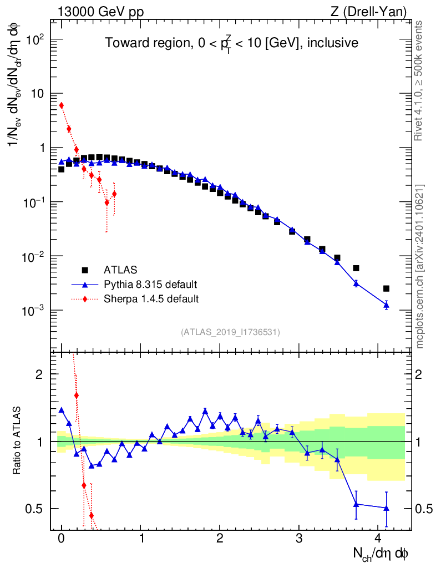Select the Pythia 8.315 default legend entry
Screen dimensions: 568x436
click(x=150, y=285)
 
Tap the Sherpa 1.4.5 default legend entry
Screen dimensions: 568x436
click(x=151, y=299)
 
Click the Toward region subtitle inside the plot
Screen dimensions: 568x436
click(x=231, y=43)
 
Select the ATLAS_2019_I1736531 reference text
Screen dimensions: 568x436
click(x=230, y=332)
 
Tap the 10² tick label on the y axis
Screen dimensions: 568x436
click(x=33, y=40)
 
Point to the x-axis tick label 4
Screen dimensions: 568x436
click(x=378, y=539)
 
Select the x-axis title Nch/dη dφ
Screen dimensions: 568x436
click(x=381, y=554)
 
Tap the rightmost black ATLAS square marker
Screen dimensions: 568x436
click(x=386, y=288)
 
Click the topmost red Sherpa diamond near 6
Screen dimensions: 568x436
click(x=62, y=105)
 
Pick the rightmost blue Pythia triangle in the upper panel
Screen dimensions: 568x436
click(x=386, y=305)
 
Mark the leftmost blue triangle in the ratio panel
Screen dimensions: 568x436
click(x=62, y=410)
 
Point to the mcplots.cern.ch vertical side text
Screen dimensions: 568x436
click(x=420, y=266)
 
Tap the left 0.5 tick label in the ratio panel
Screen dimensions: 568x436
click(x=36, y=509)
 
